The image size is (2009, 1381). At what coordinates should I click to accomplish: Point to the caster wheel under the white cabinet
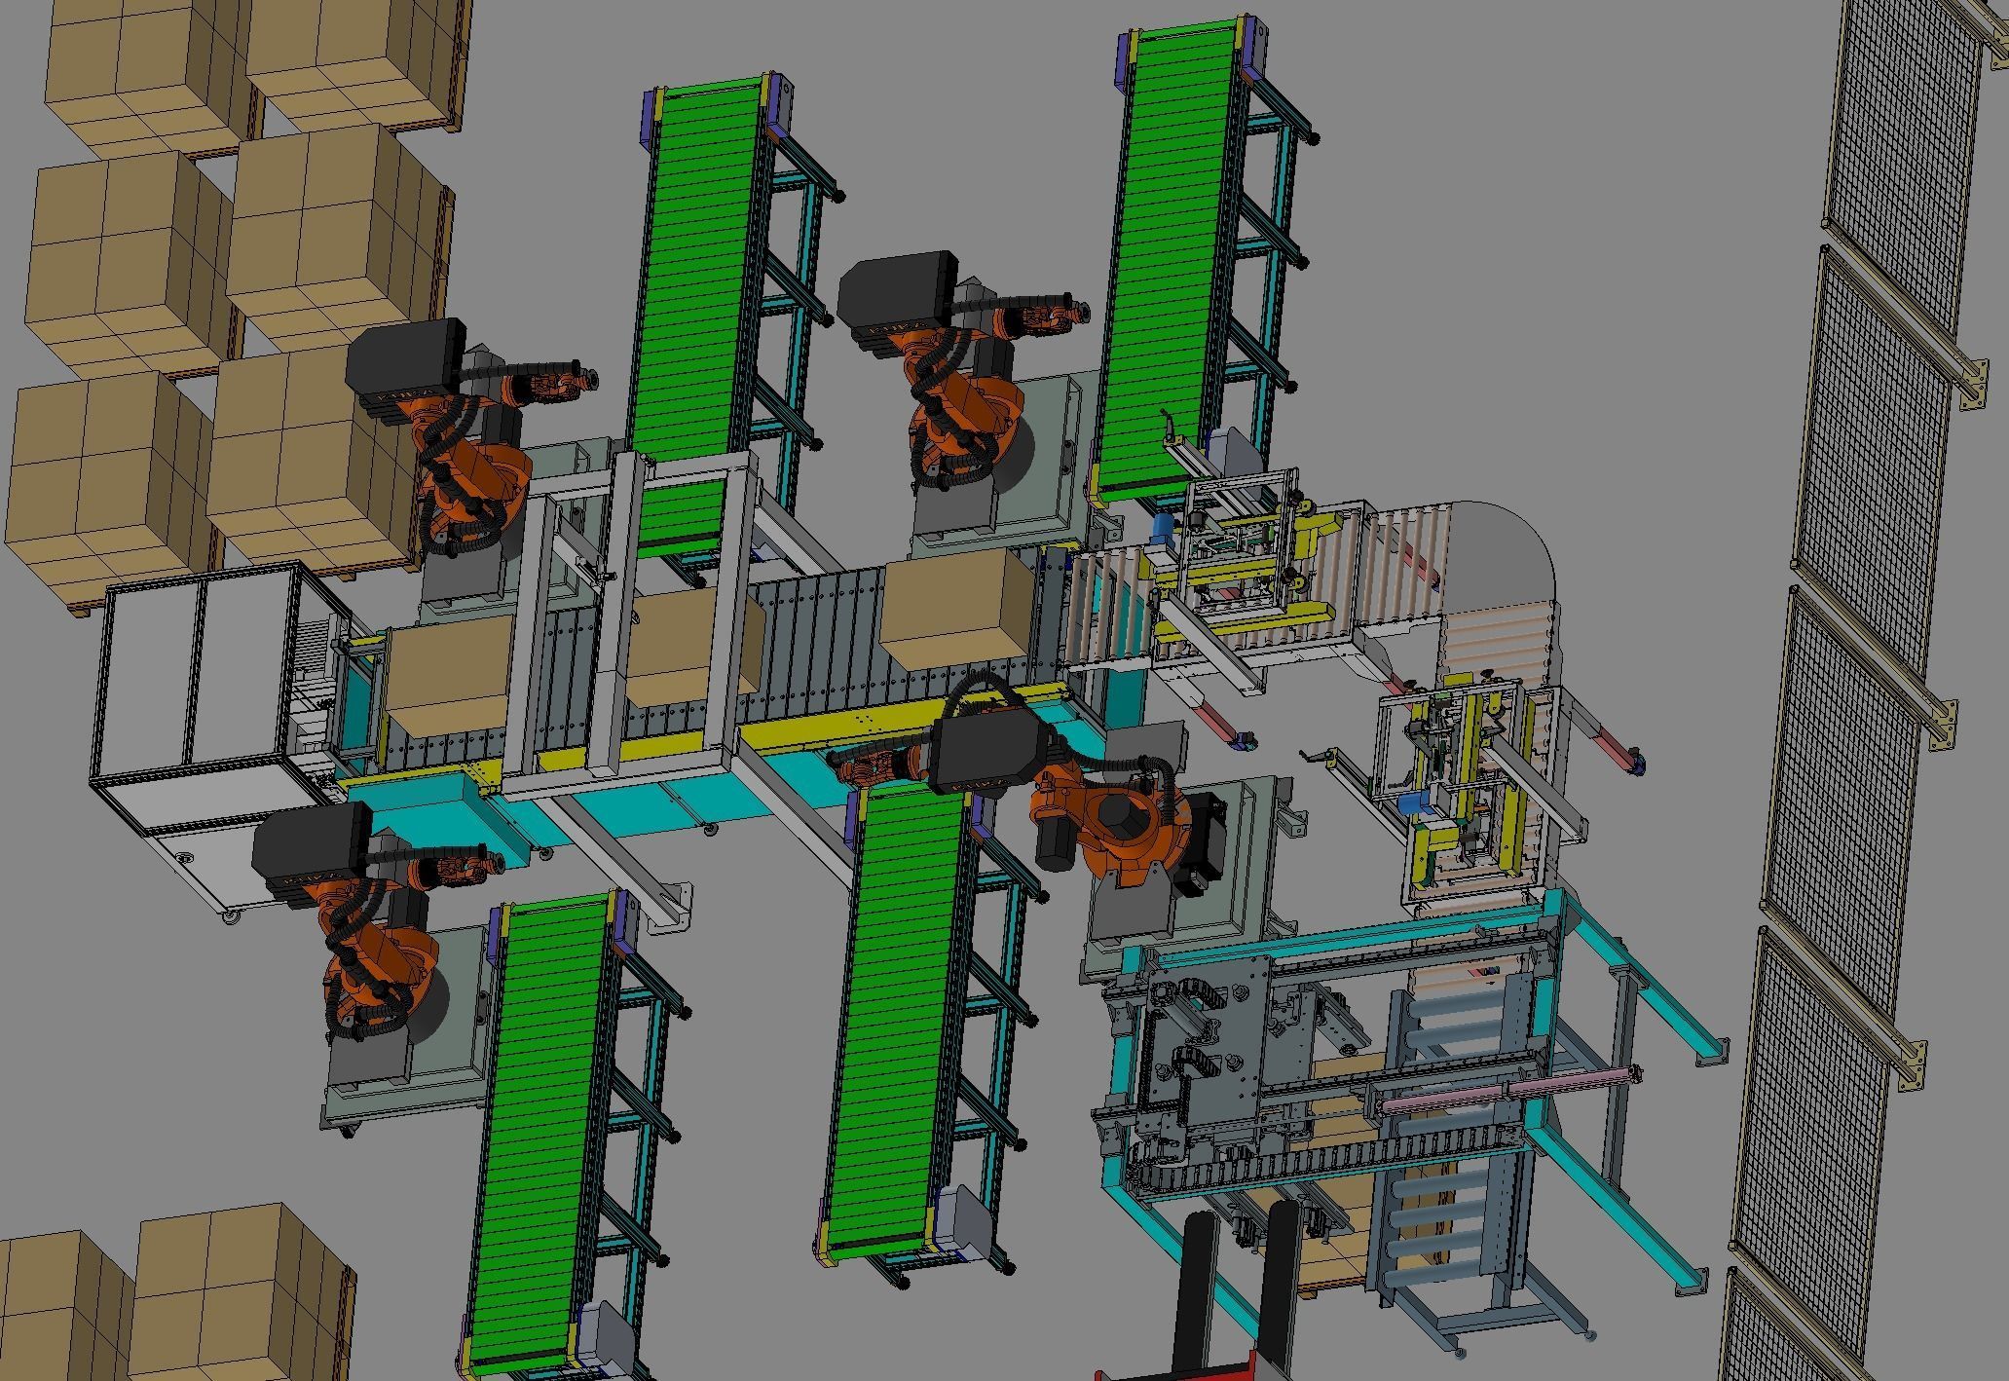tap(231, 916)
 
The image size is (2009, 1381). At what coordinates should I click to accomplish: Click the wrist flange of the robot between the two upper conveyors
tap(1077, 313)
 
